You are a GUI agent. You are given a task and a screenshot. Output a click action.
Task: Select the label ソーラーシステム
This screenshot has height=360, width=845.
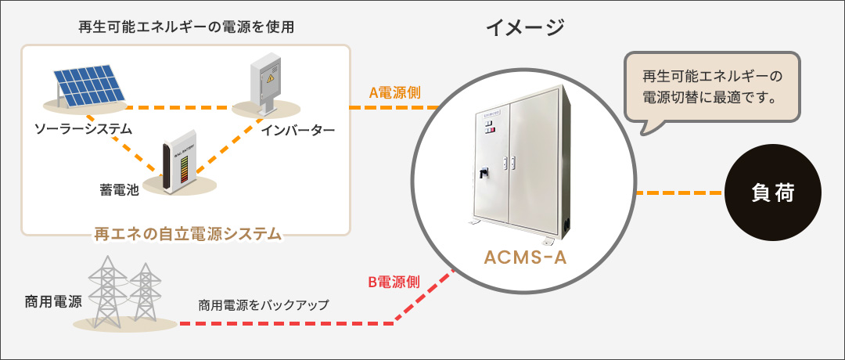83,128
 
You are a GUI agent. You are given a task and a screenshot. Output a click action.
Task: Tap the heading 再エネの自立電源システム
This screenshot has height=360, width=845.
187,233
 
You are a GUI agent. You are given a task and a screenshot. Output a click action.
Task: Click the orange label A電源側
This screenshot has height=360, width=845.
395,92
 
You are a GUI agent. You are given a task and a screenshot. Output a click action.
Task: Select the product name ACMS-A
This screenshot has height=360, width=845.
526,257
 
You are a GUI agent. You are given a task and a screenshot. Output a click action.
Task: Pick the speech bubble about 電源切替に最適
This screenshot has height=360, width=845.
711,88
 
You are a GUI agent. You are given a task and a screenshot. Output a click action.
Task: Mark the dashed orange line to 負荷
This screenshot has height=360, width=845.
680,193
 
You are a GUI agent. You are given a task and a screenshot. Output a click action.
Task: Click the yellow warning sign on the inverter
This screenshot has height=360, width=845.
271,79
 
